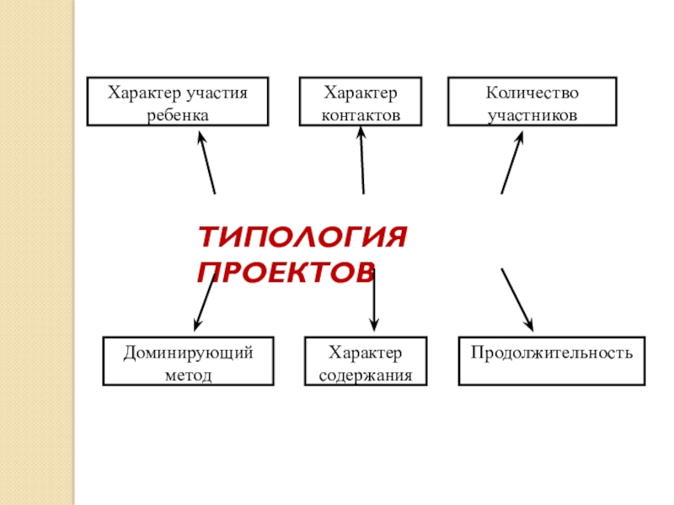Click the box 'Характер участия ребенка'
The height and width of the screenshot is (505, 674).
(178, 102)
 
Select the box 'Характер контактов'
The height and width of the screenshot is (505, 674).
(361, 102)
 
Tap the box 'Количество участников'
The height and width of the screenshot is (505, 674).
(532, 102)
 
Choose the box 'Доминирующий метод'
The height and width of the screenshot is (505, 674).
(189, 361)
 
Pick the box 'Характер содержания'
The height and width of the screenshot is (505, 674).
(366, 361)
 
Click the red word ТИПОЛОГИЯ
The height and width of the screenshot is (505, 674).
(302, 239)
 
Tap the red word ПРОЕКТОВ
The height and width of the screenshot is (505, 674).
(286, 272)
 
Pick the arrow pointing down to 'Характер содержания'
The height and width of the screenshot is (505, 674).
(374, 299)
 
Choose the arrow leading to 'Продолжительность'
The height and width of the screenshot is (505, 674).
(517, 300)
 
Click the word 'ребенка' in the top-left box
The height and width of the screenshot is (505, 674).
(178, 114)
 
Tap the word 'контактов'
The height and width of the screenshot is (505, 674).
(361, 114)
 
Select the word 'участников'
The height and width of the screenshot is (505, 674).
(532, 114)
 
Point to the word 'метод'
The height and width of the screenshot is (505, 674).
(189, 374)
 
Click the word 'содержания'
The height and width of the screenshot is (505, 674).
(366, 374)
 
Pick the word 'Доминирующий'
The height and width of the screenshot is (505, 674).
(189, 350)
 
